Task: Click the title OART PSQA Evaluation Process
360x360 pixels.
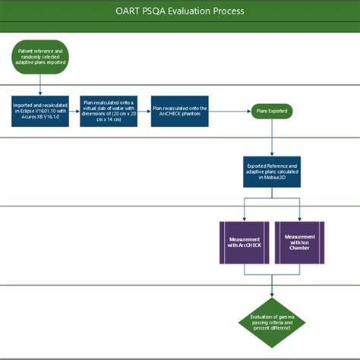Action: click(x=180, y=12)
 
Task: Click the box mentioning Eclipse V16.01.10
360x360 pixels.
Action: click(x=40, y=111)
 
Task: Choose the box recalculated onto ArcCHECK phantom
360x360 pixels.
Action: click(x=180, y=111)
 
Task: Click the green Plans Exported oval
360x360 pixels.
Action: click(x=271, y=111)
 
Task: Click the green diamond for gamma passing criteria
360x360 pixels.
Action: click(x=271, y=321)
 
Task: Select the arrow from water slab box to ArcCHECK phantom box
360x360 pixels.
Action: click(x=145, y=111)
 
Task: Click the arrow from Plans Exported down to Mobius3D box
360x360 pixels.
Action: click(x=271, y=137)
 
